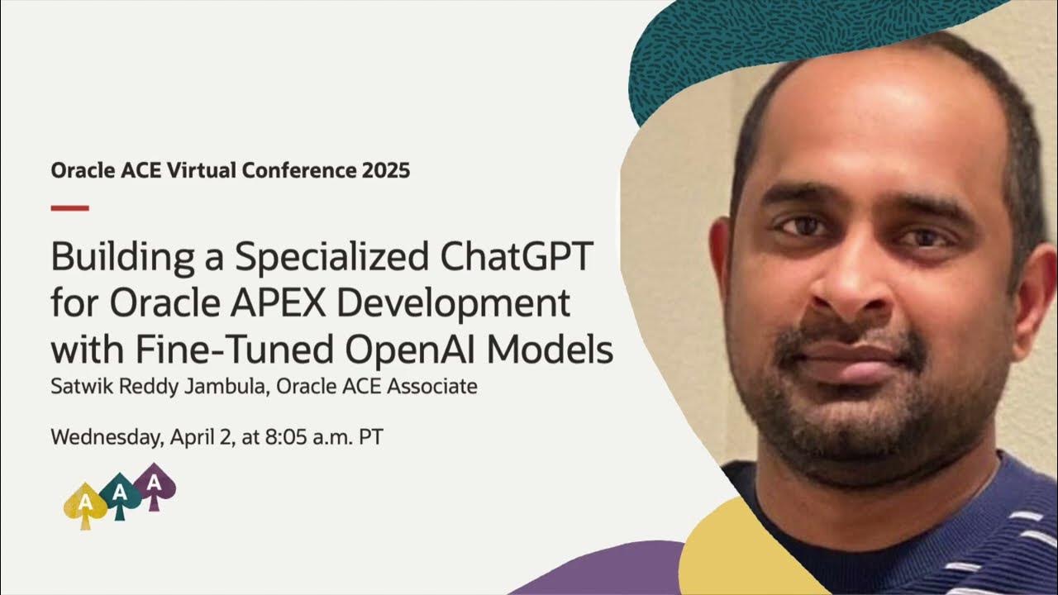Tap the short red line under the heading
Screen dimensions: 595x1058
tap(69, 207)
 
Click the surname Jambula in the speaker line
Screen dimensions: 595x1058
tap(225, 386)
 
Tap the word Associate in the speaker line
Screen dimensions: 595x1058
tap(436, 386)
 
